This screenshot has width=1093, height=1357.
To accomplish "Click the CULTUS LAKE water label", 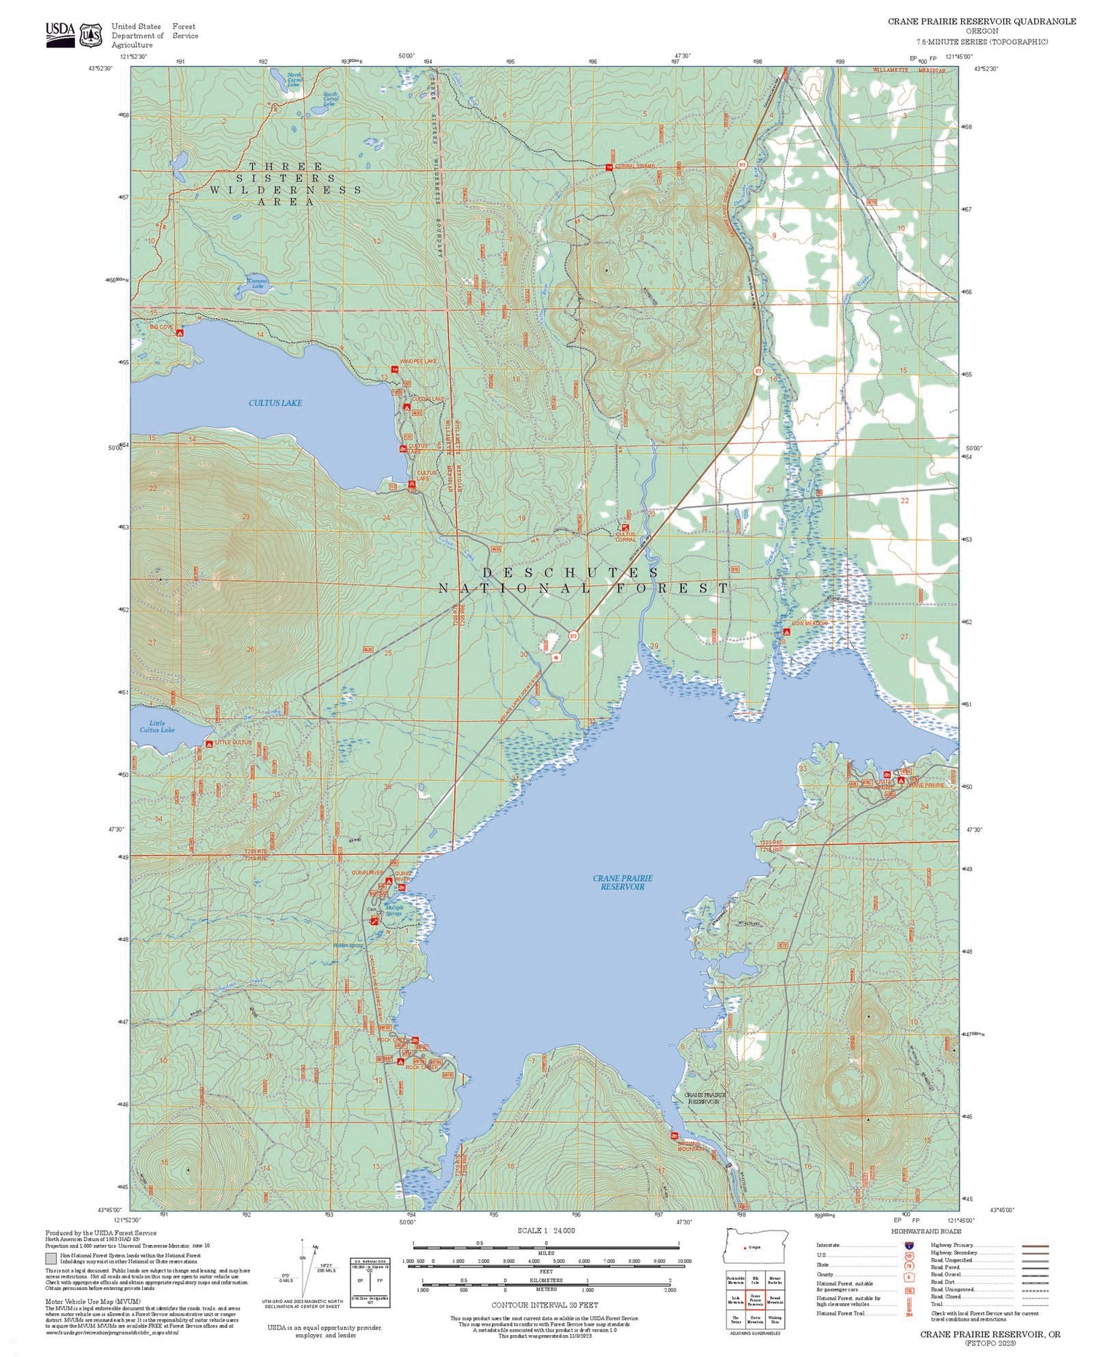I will (275, 403).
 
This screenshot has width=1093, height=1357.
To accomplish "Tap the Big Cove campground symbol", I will (179, 332).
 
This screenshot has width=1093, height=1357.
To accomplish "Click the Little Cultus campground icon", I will (209, 743).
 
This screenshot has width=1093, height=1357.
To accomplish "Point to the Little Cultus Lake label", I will (157, 727).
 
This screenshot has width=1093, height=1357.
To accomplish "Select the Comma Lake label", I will (256, 283).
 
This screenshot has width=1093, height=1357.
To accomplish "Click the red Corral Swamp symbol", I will (609, 168).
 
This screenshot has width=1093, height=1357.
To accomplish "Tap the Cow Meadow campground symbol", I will (784, 633).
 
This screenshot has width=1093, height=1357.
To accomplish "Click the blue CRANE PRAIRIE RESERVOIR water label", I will (622, 883).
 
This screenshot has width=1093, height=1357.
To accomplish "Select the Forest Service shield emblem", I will (91, 35).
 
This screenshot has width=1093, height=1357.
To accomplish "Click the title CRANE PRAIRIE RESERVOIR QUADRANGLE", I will (981, 21).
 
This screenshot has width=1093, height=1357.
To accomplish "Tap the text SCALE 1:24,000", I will (546, 1230).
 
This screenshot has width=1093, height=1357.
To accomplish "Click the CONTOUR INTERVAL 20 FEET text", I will (544, 1305).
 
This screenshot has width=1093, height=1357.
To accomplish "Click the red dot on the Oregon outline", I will (744, 1248).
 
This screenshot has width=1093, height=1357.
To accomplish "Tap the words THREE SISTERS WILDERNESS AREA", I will (286, 184).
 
